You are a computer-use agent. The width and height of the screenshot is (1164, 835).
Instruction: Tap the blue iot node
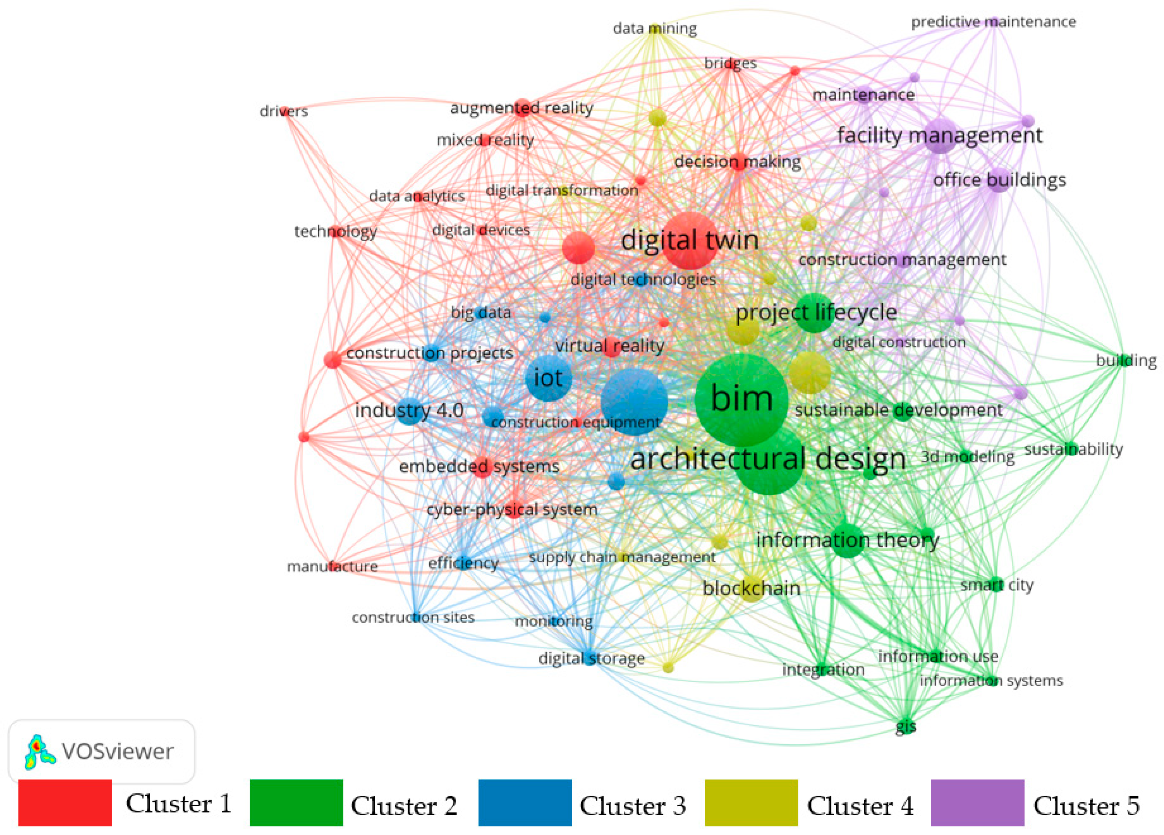click(549, 378)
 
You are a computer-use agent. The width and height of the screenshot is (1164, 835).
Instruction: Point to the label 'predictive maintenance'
click(993, 22)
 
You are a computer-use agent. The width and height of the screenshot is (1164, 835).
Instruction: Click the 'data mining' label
click(654, 28)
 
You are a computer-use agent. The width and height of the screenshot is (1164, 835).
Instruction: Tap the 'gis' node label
click(905, 726)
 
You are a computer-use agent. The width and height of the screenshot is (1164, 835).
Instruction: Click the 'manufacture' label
click(332, 566)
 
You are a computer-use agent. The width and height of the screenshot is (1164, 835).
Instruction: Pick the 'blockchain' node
click(751, 588)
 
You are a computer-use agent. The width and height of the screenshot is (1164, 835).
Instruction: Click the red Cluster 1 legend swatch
click(65, 803)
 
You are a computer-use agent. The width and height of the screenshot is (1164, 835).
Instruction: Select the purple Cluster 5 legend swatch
click(977, 803)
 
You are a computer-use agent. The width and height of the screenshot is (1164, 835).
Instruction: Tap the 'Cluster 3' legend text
click(632, 805)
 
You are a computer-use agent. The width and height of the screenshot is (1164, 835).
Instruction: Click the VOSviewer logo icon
click(39, 751)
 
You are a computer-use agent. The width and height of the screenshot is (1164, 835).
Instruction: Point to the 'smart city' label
click(997, 585)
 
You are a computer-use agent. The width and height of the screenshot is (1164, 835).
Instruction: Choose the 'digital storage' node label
click(591, 658)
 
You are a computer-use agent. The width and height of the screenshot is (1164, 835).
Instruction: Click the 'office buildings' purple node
click(999, 180)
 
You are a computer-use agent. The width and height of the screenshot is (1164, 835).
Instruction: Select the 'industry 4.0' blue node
click(409, 411)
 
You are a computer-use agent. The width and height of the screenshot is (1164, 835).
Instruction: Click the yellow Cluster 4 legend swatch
click(751, 803)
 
